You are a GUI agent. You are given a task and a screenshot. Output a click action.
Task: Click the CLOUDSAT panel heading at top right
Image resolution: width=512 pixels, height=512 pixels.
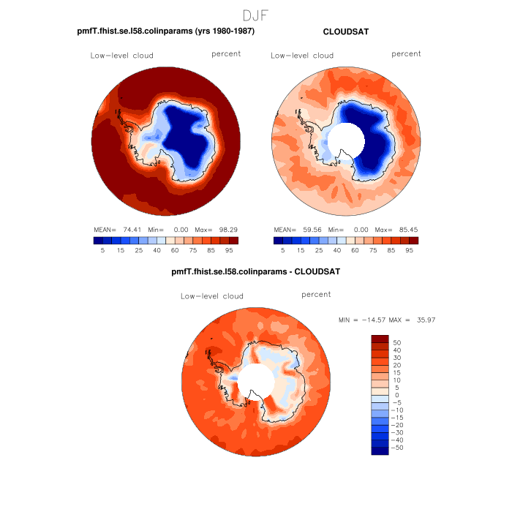click(x=346, y=32)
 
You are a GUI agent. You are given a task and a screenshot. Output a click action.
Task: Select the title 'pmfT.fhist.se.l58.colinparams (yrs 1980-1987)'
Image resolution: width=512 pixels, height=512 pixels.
click(x=166, y=32)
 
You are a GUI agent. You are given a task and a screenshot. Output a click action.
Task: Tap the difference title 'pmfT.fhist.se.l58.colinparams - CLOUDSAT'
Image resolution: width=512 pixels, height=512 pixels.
click(x=255, y=271)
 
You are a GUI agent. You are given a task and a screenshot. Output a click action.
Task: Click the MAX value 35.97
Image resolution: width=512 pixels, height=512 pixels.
click(x=425, y=320)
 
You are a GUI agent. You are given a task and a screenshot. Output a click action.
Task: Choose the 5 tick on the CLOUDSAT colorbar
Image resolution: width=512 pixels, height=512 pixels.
click(x=283, y=249)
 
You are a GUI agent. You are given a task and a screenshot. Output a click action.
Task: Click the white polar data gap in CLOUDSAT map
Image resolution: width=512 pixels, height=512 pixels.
click(x=345, y=139)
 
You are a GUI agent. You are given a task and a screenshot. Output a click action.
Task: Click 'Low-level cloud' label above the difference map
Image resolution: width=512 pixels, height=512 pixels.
click(x=212, y=296)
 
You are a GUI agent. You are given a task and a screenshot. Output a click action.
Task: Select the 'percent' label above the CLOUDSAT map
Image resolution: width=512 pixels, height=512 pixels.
click(x=406, y=54)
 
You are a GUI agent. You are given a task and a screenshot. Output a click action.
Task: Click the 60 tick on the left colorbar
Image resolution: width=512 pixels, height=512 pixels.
click(x=175, y=249)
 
